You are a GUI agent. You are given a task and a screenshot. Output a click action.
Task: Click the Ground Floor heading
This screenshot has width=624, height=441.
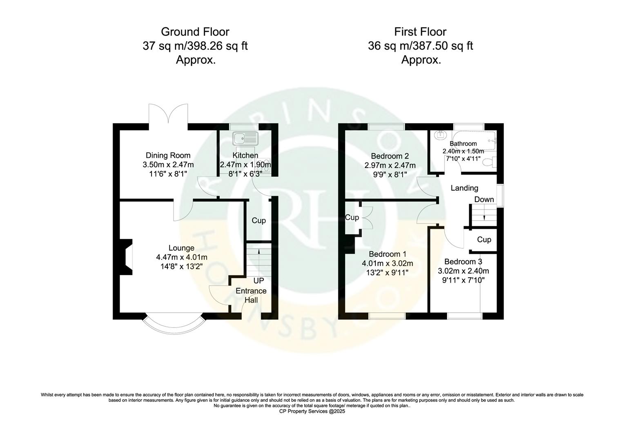tap(195, 32)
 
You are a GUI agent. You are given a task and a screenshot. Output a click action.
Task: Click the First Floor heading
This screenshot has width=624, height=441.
tap(420, 32)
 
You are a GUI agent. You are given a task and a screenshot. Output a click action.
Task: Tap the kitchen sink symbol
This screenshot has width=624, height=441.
tap(244, 138)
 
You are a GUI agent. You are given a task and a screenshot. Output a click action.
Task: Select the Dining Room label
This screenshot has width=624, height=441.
tap(168, 155)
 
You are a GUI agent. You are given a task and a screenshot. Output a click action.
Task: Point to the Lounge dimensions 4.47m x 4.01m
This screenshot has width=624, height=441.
tap(181, 257)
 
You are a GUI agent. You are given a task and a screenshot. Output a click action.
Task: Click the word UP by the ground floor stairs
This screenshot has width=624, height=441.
tap(259, 281)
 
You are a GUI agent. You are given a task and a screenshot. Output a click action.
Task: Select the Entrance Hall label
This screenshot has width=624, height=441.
tap(251, 295)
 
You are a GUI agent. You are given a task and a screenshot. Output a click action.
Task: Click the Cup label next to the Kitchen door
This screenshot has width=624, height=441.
tap(259, 220)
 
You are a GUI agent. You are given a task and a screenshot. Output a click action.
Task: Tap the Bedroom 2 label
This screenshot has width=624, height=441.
tap(390, 156)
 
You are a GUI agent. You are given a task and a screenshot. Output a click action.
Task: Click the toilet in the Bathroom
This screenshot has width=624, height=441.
tap(488, 162)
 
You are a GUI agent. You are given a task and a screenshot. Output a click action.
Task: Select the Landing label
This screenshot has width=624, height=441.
tap(464, 188)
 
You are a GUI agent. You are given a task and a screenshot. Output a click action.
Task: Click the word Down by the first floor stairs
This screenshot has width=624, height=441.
tap(484, 199)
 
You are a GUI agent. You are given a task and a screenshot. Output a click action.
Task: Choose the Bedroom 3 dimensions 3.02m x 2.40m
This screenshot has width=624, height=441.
tap(463, 271)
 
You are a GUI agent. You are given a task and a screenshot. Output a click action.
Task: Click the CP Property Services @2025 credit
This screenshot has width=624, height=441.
tap(312, 412)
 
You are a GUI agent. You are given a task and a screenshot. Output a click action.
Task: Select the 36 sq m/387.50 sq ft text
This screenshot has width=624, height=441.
tap(420, 46)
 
